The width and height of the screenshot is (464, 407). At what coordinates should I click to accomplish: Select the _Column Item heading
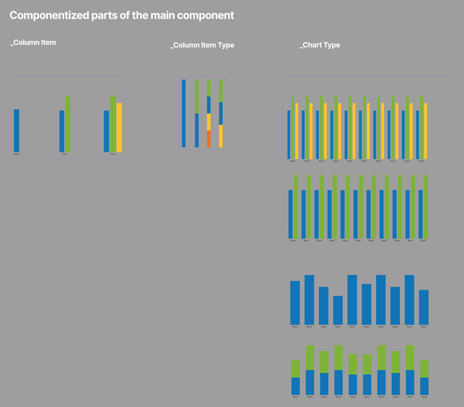pyautogui.click(x=33, y=43)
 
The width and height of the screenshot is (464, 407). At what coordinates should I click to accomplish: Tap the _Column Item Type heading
pyautogui.click(x=202, y=45)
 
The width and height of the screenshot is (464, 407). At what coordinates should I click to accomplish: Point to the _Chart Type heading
pyautogui.click(x=320, y=45)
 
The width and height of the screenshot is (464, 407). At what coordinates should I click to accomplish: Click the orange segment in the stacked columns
pyautogui.click(x=209, y=139)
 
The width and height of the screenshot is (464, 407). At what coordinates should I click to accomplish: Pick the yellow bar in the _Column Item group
pyautogui.click(x=119, y=128)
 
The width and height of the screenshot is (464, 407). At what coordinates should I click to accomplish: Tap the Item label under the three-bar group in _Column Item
pyautogui.click(x=113, y=154)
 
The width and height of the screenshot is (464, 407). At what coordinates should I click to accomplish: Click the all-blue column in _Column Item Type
pyautogui.click(x=184, y=113)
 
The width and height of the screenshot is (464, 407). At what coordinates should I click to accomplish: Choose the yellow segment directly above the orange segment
pyautogui.click(x=209, y=122)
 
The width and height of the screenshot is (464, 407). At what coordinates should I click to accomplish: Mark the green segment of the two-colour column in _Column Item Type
pyautogui.click(x=197, y=96)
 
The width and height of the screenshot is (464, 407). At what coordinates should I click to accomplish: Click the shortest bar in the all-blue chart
pyautogui.click(x=338, y=310)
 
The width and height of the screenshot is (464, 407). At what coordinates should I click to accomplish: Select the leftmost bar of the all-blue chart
pyautogui.click(x=295, y=303)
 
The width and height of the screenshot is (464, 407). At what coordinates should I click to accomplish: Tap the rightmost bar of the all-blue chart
pyautogui.click(x=423, y=307)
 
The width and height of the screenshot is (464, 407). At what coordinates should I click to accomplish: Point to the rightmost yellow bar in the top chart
pyautogui.click(x=425, y=131)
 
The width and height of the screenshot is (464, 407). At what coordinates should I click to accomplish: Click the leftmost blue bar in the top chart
pyautogui.click(x=288, y=135)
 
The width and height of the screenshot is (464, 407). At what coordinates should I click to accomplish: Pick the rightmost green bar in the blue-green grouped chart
pyautogui.click(x=426, y=207)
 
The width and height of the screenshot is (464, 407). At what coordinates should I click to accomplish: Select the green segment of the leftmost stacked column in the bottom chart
pyautogui.click(x=295, y=369)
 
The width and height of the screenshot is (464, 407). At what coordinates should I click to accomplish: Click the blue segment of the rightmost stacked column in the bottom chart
pyautogui.click(x=424, y=386)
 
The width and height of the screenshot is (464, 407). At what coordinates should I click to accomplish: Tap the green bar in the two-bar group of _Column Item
pyautogui.click(x=68, y=124)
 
